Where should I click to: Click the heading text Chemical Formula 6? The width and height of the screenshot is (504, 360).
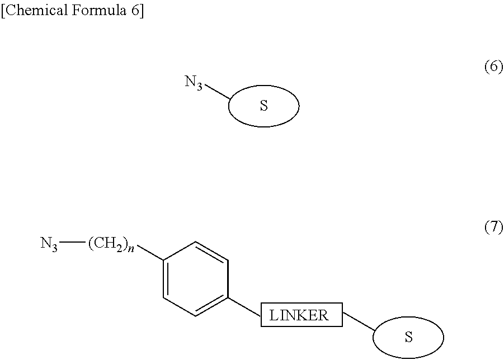coord(73,12)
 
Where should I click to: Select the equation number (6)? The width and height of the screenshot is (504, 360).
coord(493,68)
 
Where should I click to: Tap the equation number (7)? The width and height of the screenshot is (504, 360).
coord(493,228)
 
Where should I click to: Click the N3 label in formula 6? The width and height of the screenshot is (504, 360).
coord(194,83)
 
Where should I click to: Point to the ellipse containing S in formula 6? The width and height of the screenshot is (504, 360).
coord(263,106)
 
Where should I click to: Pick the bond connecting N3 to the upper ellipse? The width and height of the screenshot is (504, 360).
coord(217,93)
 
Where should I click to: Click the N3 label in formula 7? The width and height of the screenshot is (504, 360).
coord(49,244)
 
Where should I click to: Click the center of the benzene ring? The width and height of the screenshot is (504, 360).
coord(196,279)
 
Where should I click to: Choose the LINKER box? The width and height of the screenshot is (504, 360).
coord(301,315)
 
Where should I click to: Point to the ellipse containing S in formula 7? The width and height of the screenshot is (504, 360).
coord(408,337)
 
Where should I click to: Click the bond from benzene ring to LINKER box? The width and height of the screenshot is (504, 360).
coord(245,306)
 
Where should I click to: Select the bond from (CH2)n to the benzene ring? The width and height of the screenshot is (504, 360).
coord(149,252)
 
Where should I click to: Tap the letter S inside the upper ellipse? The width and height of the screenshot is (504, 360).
coord(263,106)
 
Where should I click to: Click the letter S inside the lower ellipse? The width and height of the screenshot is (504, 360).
coord(408,338)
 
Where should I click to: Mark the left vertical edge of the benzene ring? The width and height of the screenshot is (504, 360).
coord(163,279)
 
